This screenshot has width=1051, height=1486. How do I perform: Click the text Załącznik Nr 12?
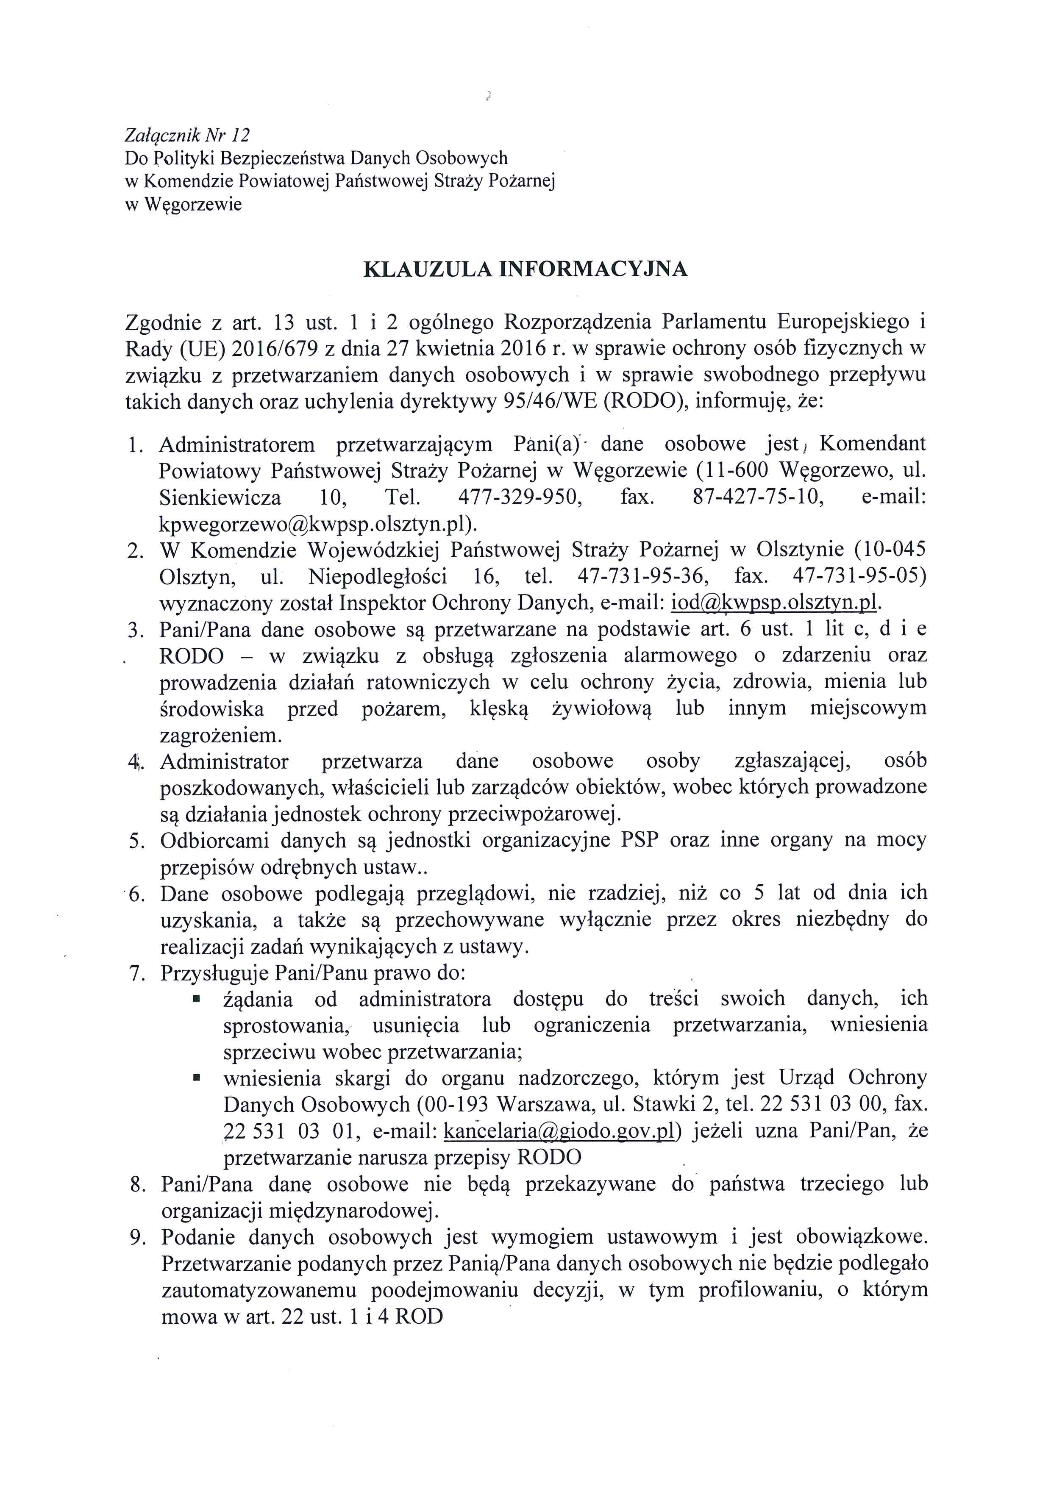point(187,135)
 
